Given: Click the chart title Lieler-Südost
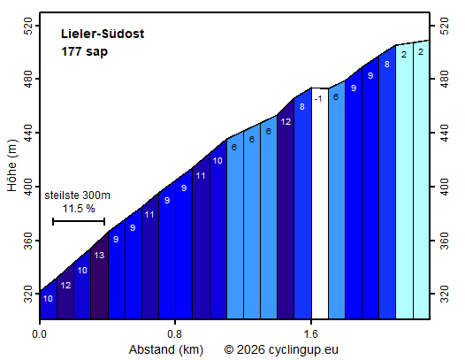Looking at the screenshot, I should coord(103,34).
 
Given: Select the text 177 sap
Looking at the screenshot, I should coord(85,51).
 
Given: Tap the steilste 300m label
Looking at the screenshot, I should coord(78,195).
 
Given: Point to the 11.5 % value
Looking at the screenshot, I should coord(79,209).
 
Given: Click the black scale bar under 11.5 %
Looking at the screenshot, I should coord(79,221).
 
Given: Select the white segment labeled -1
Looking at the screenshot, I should coord(318,203).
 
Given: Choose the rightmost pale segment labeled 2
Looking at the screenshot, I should coord(421,177).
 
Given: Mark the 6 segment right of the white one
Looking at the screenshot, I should coord(336,203).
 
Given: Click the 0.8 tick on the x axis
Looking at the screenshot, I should coord(175,335).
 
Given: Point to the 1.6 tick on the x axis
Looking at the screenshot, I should coord(310,335).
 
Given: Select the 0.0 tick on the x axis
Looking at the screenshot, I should coord(39,335).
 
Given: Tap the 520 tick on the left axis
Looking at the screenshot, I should coord(27,26).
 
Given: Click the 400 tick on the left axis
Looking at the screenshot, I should coord(27,187).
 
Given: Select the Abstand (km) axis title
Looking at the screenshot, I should coord(166,349).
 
